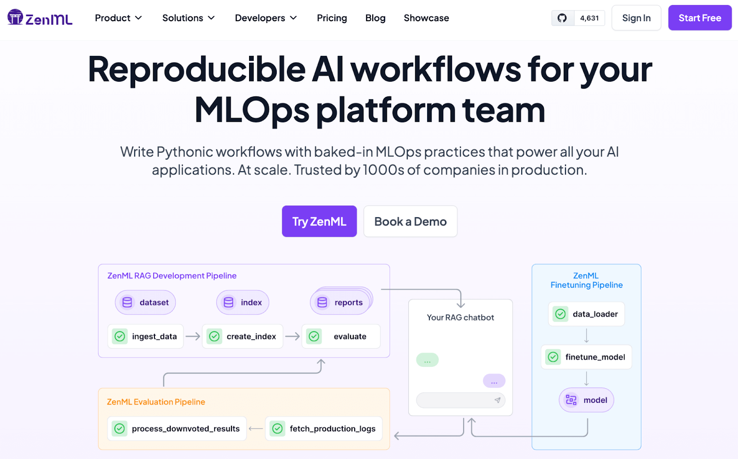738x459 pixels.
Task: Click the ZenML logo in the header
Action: click(40, 18)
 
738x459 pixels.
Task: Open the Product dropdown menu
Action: click(118, 18)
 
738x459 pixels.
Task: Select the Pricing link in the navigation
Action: click(332, 18)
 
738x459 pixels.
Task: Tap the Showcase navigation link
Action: click(426, 18)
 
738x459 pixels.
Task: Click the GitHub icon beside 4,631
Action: click(562, 18)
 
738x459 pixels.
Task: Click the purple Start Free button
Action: click(700, 18)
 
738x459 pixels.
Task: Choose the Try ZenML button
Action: click(319, 221)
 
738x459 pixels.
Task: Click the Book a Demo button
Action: click(410, 221)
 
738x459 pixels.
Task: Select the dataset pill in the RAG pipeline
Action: click(145, 302)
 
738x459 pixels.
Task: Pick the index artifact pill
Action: click(243, 302)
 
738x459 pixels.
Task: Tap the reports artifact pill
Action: click(340, 302)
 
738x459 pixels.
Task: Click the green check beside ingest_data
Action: click(120, 336)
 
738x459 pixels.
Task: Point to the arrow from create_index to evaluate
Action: click(292, 336)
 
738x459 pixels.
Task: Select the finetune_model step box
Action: click(586, 357)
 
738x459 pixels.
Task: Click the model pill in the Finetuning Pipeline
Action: click(586, 400)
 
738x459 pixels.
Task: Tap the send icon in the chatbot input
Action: click(498, 400)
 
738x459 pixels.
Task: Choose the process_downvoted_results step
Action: click(177, 429)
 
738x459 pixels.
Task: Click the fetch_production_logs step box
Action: click(323, 429)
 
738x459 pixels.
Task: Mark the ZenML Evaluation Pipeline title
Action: click(156, 402)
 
